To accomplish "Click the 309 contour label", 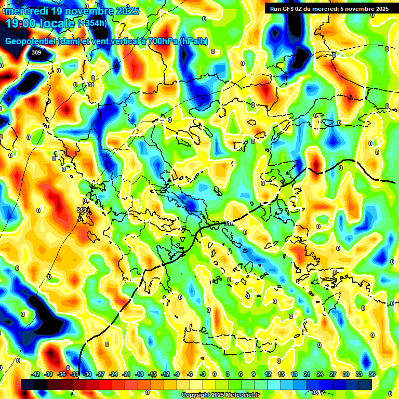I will (36, 52).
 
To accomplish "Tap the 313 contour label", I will (82, 210).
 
